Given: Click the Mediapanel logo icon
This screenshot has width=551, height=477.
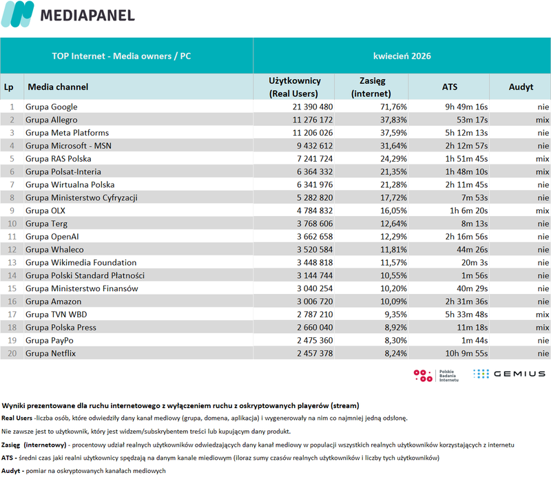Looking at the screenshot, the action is [18, 14].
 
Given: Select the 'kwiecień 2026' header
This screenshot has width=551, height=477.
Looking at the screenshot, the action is [402, 56].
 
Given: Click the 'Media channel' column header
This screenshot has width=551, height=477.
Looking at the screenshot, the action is [58, 87].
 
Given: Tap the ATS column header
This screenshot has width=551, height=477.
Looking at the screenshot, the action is [450, 87].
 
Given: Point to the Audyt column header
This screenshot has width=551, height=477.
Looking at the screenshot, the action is [521, 87].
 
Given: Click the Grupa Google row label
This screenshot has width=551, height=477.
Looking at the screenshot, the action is [51, 107].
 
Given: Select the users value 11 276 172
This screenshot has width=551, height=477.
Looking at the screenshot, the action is [313, 120].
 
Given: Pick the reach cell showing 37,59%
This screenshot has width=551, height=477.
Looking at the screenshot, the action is [393, 133].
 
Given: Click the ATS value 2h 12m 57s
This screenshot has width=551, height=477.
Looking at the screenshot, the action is [466, 146].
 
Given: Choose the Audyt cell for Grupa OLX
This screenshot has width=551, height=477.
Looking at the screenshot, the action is [542, 211].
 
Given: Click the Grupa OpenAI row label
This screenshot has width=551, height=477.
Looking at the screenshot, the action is [52, 237].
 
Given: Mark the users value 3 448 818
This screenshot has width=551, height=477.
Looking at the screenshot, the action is [315, 263].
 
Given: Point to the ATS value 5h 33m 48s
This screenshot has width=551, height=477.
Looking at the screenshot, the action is [466, 315].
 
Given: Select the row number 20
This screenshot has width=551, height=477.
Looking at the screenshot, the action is [12, 353].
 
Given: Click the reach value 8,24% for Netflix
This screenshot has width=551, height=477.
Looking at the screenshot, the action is [395, 353].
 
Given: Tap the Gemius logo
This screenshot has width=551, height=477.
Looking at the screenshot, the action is [509, 374].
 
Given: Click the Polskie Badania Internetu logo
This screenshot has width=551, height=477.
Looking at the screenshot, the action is [436, 376].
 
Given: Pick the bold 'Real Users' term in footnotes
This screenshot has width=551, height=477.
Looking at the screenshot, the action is [17, 418].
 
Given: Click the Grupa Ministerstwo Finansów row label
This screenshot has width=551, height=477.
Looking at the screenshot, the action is [81, 288].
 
